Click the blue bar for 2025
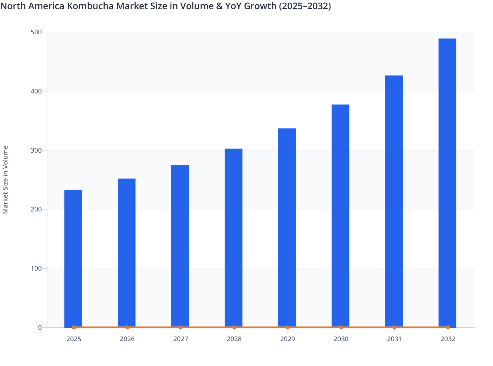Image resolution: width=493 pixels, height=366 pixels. pyautogui.click(x=73, y=258)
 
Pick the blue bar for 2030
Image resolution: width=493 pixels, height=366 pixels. pyautogui.click(x=340, y=216)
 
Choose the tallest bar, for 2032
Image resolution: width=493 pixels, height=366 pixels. pyautogui.click(x=447, y=183)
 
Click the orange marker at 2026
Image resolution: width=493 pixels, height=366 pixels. pyautogui.click(x=127, y=327)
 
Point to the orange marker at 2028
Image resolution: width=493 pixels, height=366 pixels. pyautogui.click(x=234, y=327)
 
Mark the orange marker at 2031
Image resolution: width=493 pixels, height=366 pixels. pyautogui.click(x=394, y=327)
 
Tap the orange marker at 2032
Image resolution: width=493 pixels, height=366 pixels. pyautogui.click(x=448, y=327)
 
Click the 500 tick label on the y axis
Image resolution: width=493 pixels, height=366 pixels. pyautogui.click(x=36, y=32)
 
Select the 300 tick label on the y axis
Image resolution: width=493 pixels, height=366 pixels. pyautogui.click(x=36, y=150)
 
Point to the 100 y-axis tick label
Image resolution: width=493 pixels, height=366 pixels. pyautogui.click(x=36, y=268)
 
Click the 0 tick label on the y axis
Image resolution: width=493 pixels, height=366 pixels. pyautogui.click(x=40, y=327)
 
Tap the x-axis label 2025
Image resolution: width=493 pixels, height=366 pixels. pyautogui.click(x=74, y=339)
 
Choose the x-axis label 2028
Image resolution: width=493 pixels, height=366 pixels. pyautogui.click(x=234, y=339)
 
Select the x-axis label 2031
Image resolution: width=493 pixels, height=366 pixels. pyautogui.click(x=394, y=339)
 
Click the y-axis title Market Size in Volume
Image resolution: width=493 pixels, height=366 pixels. pyautogui.click(x=6, y=179)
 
